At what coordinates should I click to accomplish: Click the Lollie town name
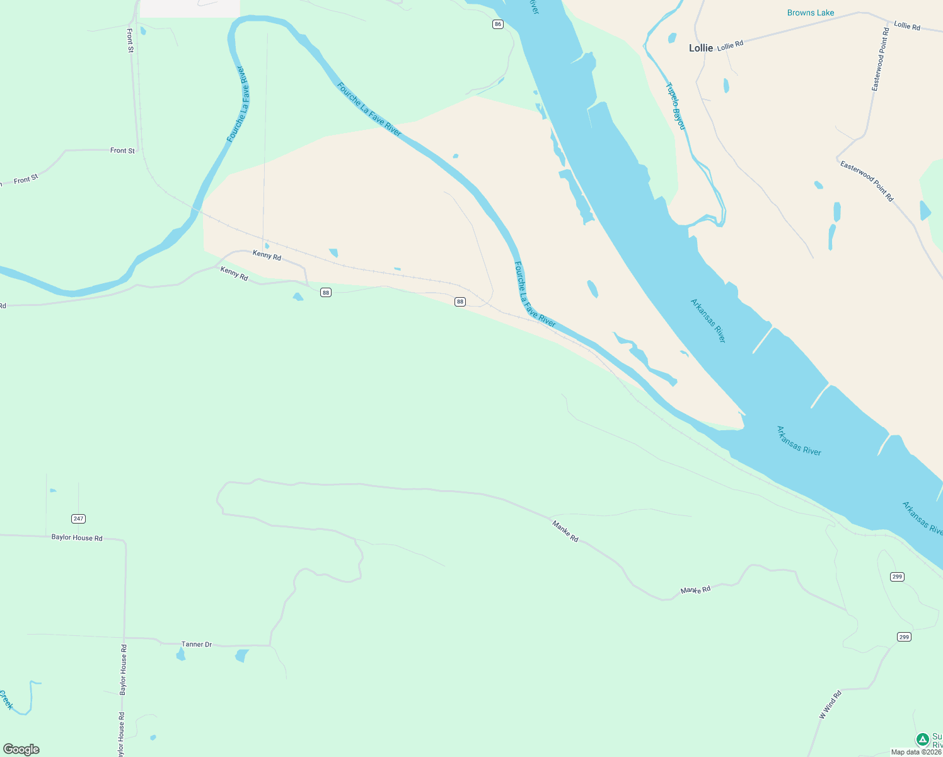click(701, 48)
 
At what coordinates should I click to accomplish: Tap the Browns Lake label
click(811, 13)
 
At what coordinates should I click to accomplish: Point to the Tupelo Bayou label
click(676, 106)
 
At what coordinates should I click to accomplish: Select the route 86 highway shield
click(499, 24)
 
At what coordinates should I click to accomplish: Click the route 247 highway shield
click(78, 519)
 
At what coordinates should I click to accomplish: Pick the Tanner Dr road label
click(197, 644)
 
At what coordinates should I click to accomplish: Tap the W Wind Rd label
click(830, 705)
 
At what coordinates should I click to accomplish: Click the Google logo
click(21, 749)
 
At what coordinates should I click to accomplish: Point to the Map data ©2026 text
click(916, 752)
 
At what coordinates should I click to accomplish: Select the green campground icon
click(922, 739)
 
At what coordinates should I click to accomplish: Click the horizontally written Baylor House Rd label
click(77, 537)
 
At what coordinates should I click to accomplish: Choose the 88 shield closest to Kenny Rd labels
click(325, 293)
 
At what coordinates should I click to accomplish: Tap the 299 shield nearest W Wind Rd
click(904, 637)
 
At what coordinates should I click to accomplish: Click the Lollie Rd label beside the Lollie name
click(731, 45)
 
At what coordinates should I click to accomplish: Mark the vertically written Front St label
click(130, 40)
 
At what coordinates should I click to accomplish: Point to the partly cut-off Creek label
click(6, 700)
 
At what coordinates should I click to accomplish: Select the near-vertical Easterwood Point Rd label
click(880, 59)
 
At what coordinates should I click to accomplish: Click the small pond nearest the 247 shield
click(53, 490)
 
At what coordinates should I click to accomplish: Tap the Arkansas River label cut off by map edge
click(922, 518)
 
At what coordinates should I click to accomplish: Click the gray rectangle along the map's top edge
click(189, 8)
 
